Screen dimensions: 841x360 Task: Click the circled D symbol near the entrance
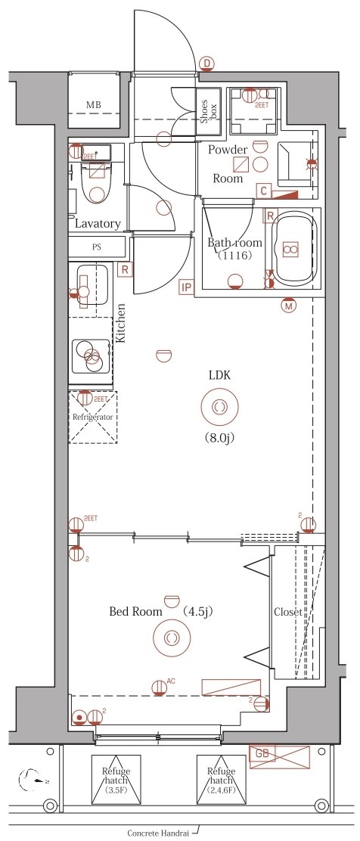206,64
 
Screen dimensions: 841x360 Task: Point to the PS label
97,247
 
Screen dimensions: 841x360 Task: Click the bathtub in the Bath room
291,249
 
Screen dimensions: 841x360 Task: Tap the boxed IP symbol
186,287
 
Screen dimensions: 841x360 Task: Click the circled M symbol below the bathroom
288,306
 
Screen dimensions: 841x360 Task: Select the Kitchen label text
120,323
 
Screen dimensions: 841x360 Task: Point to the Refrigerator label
92,417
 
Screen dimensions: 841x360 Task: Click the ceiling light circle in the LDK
219,407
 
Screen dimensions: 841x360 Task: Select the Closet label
288,612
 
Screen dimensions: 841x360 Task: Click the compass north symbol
32,777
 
